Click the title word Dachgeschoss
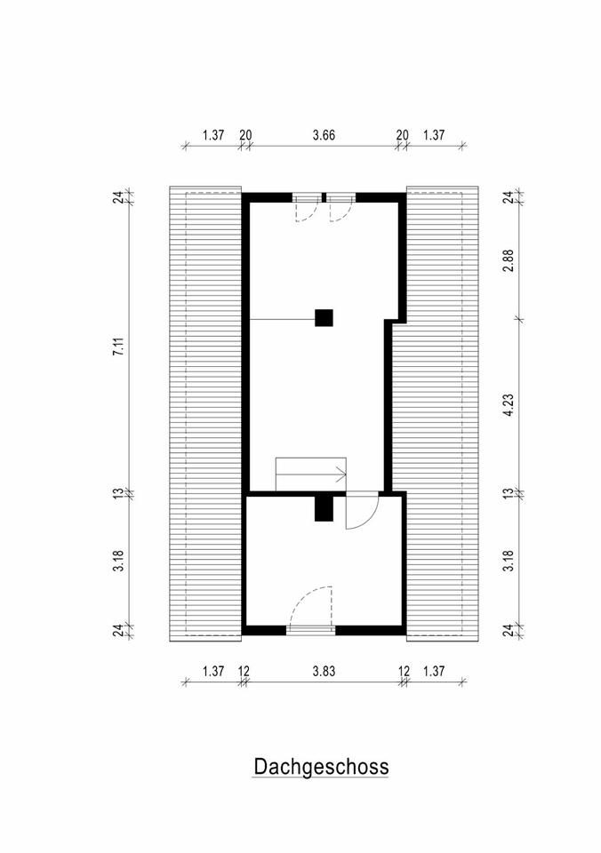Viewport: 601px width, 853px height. pyautogui.click(x=321, y=767)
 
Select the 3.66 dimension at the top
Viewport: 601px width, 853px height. pyautogui.click(x=324, y=135)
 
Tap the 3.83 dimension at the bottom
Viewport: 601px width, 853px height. pyautogui.click(x=324, y=672)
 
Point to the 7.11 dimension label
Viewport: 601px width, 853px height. pyautogui.click(x=118, y=347)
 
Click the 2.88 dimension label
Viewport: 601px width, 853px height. pyautogui.click(x=509, y=261)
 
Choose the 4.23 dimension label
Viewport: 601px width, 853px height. pyautogui.click(x=509, y=405)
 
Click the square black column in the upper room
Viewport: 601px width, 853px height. pyautogui.click(x=324, y=318)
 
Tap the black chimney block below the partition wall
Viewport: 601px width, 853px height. pyautogui.click(x=324, y=508)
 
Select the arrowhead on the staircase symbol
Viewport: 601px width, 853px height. pyautogui.click(x=342, y=474)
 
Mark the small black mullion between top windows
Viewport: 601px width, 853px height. pyautogui.click(x=324, y=197)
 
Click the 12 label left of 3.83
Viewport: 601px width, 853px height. pyautogui.click(x=244, y=672)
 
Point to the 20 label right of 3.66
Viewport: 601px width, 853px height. pyautogui.click(x=403, y=135)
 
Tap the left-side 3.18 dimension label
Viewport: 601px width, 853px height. pyautogui.click(x=118, y=562)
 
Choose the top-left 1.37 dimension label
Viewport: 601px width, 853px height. pyautogui.click(x=213, y=135)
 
